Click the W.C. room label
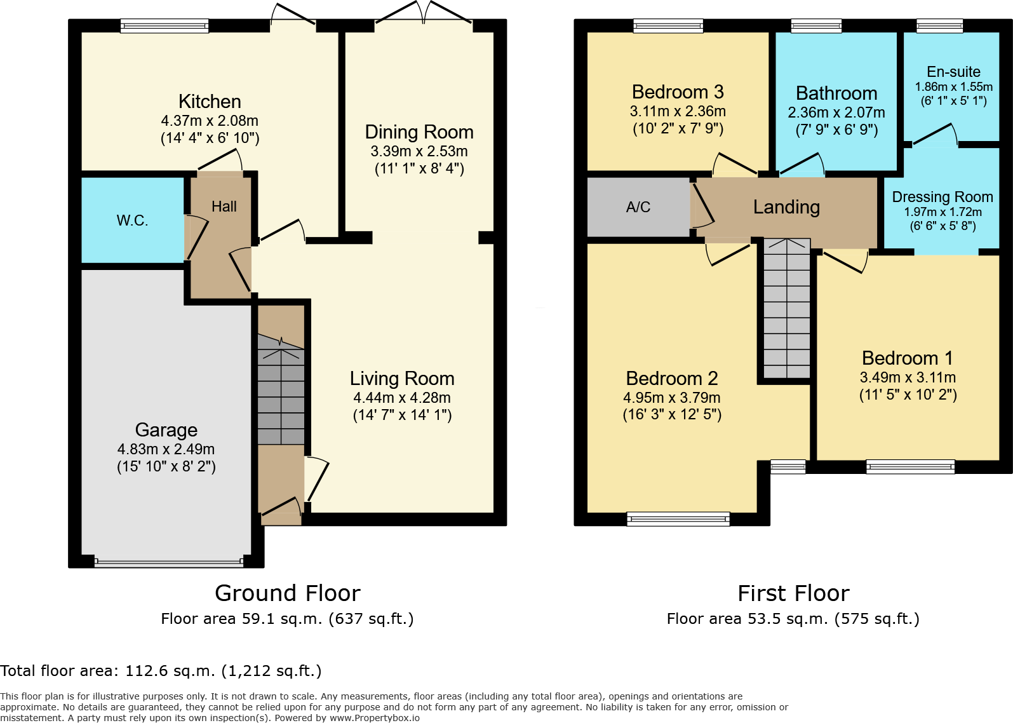[x=132, y=220]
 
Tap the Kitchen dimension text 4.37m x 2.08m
[x=210, y=121]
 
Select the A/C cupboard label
[x=638, y=207]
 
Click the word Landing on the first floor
[x=786, y=207]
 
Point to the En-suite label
[x=953, y=72]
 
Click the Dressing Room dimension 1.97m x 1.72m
[x=943, y=212]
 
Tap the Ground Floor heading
[x=288, y=593]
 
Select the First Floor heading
[x=793, y=593]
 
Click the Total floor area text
[x=161, y=671]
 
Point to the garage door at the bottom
[x=168, y=562]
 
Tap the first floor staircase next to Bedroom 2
[x=787, y=309]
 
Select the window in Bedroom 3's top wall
[x=668, y=26]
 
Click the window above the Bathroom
[x=816, y=26]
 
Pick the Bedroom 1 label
[x=907, y=358]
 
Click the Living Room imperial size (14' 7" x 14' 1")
[x=402, y=416]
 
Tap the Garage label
[x=166, y=430]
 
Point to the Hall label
[x=224, y=206]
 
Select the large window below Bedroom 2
[x=678, y=519]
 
